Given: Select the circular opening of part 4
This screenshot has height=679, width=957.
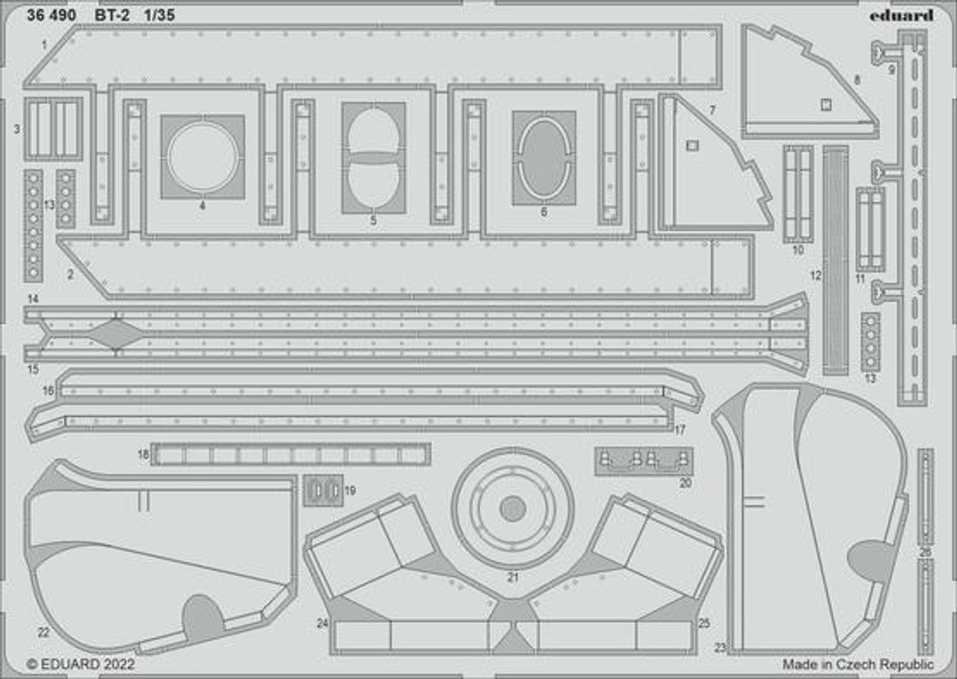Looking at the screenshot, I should point(203,157).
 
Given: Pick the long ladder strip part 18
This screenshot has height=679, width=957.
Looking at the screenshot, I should point(290,454).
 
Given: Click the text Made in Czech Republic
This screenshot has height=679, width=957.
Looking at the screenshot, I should point(858,663).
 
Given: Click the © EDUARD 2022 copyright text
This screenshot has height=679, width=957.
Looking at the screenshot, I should point(81,663).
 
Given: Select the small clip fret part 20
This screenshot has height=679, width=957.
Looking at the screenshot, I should point(644,461).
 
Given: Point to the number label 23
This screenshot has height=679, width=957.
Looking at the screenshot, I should point(720,648).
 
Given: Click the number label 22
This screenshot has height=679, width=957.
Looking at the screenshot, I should point(43,633).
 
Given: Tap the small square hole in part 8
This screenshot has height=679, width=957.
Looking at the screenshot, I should point(825,105).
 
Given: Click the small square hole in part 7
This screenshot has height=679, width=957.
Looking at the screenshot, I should point(692,146).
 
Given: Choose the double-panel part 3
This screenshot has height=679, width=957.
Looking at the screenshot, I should point(53,128).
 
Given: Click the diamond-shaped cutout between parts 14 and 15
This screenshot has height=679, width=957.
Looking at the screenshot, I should point(116,333).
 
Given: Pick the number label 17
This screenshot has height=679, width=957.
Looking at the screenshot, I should point(680,430).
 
